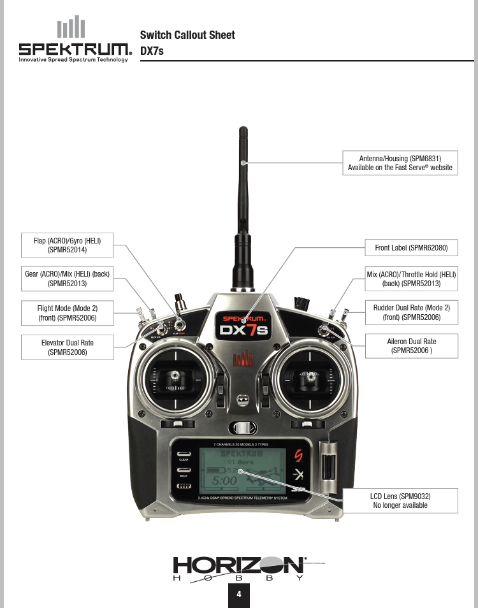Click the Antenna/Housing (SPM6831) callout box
click(x=400, y=163)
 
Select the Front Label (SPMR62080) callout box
click(x=412, y=247)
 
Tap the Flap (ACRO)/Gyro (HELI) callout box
click(x=68, y=245)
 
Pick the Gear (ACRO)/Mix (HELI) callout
click(x=68, y=279)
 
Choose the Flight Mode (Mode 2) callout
click(x=68, y=312)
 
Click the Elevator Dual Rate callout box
click(x=68, y=347)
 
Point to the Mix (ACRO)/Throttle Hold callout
click(x=412, y=279)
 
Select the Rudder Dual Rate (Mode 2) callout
click(x=412, y=312)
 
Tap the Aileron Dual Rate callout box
click(x=412, y=346)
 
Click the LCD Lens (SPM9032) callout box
click(x=400, y=501)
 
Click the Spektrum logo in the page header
click(x=73, y=41)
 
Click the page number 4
click(x=239, y=595)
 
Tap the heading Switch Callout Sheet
click(x=187, y=35)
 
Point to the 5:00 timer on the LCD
click(x=224, y=479)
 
